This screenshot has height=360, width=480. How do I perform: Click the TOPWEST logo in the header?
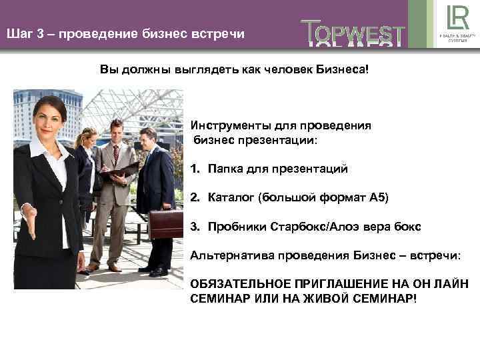point(353,33)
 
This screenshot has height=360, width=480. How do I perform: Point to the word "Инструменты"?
point(227,125)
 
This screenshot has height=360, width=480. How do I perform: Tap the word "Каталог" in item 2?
point(231,197)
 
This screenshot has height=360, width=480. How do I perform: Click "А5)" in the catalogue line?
point(377,197)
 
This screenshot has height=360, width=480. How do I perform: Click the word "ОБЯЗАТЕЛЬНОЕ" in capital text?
point(239,283)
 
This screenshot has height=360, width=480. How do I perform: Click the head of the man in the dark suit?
point(148,139)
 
